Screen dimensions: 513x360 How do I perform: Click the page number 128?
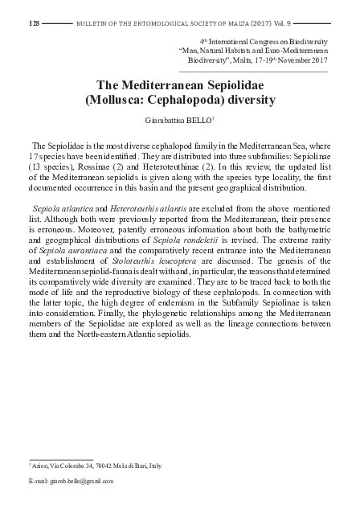[x=34, y=24]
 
